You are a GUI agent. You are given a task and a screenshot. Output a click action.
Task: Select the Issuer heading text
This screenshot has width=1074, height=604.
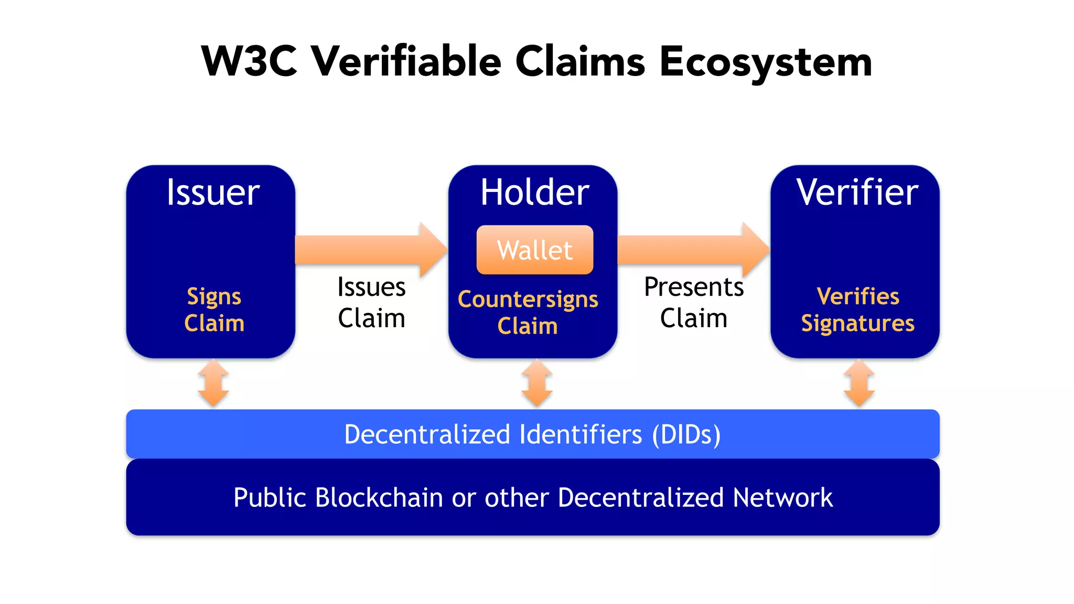click(x=213, y=192)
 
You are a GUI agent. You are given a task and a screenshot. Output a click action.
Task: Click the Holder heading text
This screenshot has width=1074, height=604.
click(x=534, y=192)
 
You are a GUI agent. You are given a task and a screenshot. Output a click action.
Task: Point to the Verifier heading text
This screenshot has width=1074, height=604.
click(x=857, y=192)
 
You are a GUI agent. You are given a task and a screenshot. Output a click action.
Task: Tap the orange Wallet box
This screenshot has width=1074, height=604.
click(x=534, y=250)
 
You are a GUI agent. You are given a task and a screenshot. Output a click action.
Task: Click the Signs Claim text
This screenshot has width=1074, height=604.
click(x=214, y=310)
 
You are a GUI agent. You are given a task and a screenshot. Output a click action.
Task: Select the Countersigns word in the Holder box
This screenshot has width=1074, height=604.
click(x=528, y=299)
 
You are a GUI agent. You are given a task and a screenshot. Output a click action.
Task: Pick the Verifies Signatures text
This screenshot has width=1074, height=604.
click(x=857, y=310)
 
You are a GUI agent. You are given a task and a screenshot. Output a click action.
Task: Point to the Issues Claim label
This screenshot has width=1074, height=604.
click(x=371, y=303)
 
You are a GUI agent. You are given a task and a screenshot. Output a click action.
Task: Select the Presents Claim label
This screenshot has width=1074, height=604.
click(x=693, y=303)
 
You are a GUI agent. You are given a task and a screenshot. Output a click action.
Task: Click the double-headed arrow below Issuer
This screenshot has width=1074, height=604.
click(x=213, y=383)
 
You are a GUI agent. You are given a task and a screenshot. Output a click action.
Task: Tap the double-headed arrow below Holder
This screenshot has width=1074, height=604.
click(x=536, y=383)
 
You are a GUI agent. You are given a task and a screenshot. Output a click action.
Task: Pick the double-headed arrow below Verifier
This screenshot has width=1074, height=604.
click(x=858, y=383)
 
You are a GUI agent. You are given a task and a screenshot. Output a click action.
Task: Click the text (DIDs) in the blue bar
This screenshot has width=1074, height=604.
click(x=686, y=435)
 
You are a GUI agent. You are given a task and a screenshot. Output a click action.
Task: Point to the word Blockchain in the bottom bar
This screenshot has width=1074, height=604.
click(x=380, y=498)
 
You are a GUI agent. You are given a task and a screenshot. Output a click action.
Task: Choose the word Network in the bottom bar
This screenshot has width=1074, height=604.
click(x=782, y=498)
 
